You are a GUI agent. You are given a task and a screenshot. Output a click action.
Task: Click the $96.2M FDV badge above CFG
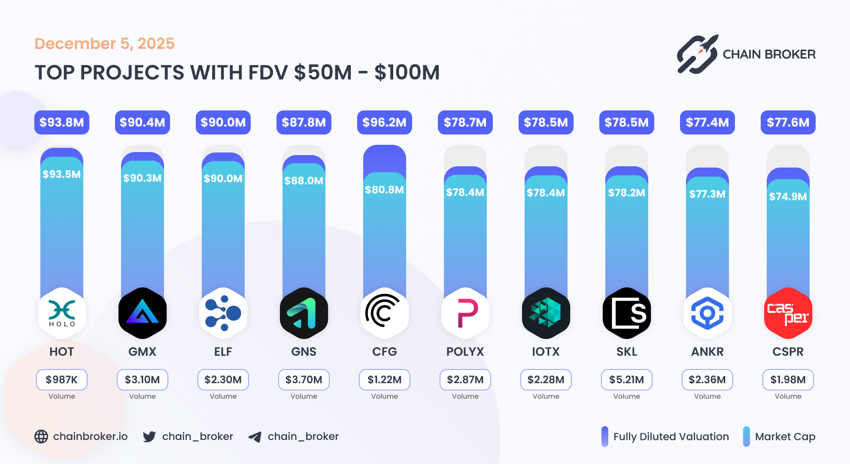click(384, 122)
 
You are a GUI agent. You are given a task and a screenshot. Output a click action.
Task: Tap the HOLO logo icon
click(62, 313)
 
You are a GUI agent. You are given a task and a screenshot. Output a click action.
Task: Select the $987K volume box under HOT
click(62, 379)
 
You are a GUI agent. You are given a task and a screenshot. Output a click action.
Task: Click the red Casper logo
click(788, 313)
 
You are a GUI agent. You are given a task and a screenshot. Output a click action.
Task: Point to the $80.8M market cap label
click(384, 189)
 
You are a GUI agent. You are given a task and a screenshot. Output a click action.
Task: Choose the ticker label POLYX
click(465, 351)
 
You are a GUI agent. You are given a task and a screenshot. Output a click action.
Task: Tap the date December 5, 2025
click(104, 43)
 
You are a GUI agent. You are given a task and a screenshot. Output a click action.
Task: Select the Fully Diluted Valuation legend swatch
click(604, 437)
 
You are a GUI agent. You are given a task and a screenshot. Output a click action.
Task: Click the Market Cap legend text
click(785, 437)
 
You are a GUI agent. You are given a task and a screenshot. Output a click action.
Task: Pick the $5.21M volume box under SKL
click(626, 379)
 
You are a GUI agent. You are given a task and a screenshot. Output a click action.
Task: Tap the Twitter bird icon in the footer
click(149, 437)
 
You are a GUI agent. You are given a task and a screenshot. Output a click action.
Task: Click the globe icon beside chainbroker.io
click(41, 437)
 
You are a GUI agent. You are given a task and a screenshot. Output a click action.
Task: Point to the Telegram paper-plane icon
click(255, 437)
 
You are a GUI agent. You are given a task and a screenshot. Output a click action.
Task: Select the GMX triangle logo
click(143, 313)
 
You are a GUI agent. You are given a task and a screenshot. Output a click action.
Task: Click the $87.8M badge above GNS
click(304, 122)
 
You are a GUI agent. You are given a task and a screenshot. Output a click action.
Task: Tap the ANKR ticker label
click(707, 351)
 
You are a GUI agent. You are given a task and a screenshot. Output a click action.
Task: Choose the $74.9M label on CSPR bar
click(788, 196)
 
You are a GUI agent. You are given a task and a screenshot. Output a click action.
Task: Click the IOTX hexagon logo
click(546, 313)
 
